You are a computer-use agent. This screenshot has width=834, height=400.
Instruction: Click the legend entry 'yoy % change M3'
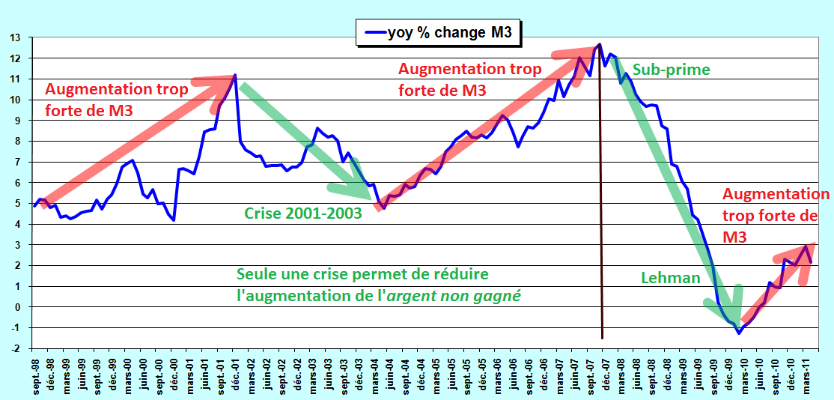click(x=438, y=33)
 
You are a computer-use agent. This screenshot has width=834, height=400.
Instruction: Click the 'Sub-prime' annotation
click(x=671, y=70)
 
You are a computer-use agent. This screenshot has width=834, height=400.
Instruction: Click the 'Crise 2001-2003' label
click(x=303, y=213)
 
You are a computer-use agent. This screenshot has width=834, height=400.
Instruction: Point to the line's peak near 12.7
click(x=600, y=44)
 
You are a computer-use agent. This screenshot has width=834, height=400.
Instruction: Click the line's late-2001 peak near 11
click(x=235, y=75)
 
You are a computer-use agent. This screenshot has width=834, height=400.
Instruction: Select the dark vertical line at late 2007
click(x=601, y=192)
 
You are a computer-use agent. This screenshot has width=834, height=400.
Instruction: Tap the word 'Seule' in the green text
click(x=256, y=275)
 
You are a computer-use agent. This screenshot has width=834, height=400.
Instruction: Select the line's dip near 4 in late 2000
click(x=174, y=220)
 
